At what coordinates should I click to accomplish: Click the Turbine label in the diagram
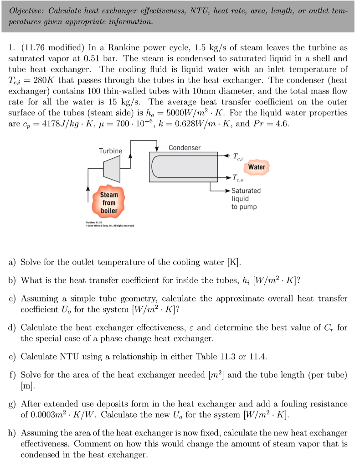point(111,150)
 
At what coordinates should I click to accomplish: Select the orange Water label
point(257,167)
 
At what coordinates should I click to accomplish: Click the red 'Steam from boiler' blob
point(109,202)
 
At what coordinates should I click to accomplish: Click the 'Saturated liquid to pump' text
point(246,198)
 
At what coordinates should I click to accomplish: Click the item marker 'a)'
point(13,262)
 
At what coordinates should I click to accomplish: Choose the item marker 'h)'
point(13,433)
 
